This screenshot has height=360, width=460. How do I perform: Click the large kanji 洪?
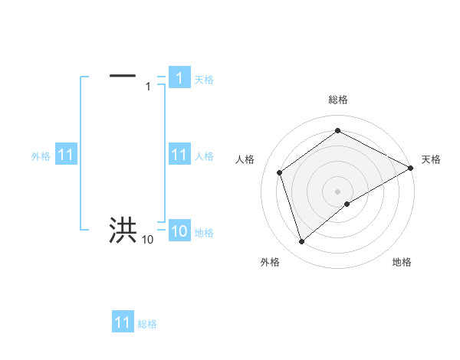pos(123,231)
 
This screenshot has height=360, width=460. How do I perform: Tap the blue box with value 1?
pos(179,77)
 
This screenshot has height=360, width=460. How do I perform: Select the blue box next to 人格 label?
pos(179,155)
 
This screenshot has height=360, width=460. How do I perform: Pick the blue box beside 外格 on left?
pos(65,155)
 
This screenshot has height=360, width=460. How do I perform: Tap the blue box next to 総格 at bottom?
pos(123,322)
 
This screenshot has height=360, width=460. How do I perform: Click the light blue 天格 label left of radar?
pos(204,79)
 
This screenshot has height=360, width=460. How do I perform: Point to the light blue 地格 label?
pos(204,233)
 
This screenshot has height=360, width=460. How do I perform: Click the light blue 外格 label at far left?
pos(41,156)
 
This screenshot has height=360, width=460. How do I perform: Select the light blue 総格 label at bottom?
pos(147,324)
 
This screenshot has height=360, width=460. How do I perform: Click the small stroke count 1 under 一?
pos(148,87)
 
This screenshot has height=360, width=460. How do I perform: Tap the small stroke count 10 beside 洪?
pos(147,240)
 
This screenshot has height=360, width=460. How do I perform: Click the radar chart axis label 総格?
pos(337,100)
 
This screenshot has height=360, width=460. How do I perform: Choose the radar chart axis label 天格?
pos(431,159)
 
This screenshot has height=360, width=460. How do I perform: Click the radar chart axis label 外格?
pos(270,262)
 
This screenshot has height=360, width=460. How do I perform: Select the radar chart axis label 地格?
pos(402,262)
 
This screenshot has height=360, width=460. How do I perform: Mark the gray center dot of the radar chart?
pos(337,191)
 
